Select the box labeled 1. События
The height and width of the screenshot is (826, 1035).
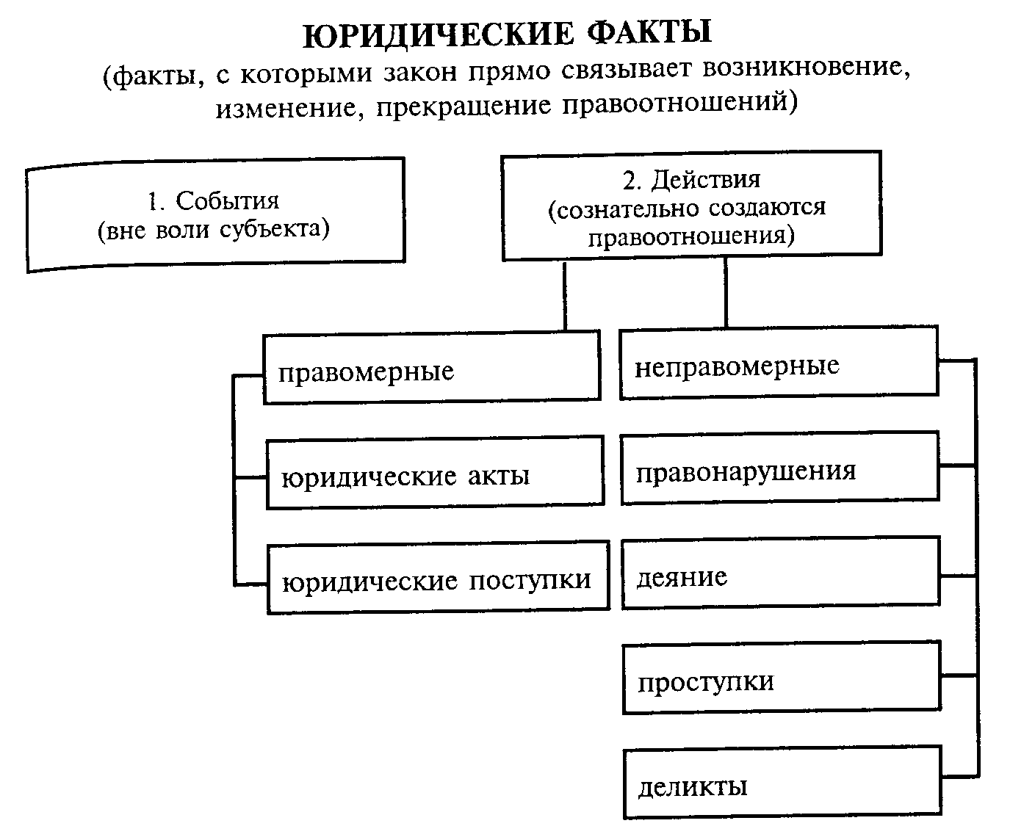[214, 215]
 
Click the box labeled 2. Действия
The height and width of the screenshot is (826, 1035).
[690, 206]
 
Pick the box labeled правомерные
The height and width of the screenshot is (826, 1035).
[431, 367]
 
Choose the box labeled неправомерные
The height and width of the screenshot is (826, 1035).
[778, 364]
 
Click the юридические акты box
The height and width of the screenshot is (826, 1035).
[434, 473]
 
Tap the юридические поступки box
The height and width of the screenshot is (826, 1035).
[438, 578]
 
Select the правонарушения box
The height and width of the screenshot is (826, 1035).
[779, 468]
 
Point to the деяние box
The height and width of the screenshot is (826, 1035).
[780, 573]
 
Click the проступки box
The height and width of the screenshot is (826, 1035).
[781, 678]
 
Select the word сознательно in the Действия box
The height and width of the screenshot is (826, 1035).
[624, 208]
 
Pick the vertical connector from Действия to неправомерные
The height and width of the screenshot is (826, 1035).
[726, 293]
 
